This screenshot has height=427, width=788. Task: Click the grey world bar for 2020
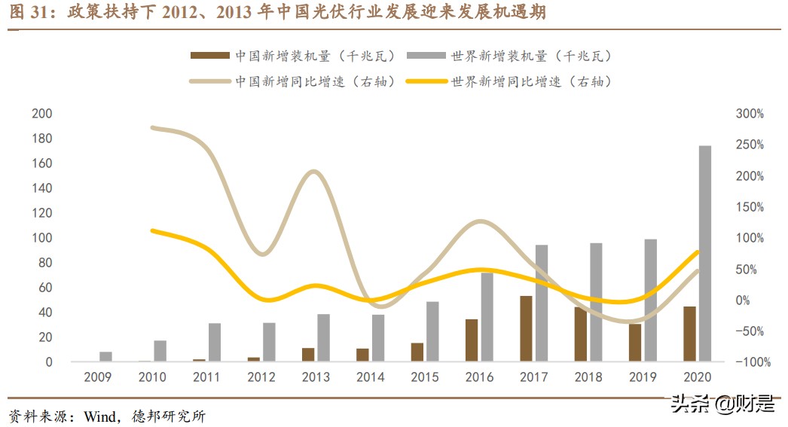[x=705, y=254]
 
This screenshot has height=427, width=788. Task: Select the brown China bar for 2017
[x=526, y=328]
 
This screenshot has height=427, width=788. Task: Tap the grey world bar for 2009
[x=105, y=357]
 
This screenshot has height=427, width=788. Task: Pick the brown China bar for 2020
[x=689, y=334]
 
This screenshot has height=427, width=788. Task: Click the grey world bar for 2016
[x=487, y=317]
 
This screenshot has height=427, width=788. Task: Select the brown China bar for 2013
[x=307, y=355]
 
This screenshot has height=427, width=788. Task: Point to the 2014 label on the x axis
[x=370, y=377]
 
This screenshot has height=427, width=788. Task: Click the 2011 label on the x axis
[x=206, y=377]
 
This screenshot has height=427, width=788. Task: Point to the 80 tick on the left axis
[x=44, y=263]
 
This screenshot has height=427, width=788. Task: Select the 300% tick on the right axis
[x=750, y=114]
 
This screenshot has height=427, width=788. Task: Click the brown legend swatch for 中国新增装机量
[x=209, y=56]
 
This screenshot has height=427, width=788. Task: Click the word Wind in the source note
[x=99, y=416]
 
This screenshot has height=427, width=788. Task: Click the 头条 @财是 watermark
[x=722, y=404]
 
